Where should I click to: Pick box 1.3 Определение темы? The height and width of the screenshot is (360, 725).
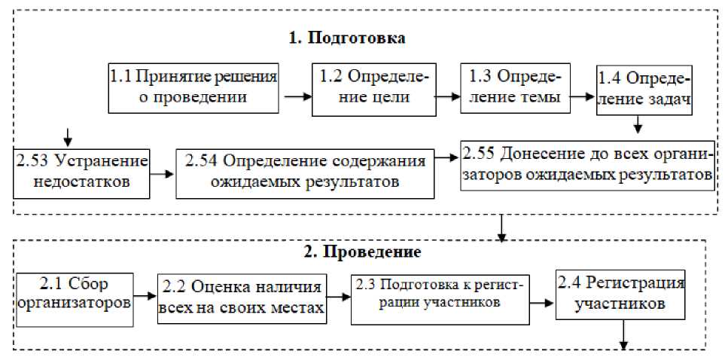pos(515,87)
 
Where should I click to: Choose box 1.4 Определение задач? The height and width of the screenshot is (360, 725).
pos(644,90)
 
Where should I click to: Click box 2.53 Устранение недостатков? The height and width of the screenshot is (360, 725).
pos(81,171)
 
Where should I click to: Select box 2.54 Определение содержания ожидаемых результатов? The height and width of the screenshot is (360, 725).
pos(305,172)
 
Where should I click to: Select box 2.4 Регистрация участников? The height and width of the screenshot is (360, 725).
pos(620,294)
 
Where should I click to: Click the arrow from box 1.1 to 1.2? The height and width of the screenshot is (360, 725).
pos(297,96)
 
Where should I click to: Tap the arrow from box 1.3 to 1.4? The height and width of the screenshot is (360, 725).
pos(580,96)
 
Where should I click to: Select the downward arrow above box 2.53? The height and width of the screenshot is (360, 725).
pos(68,136)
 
